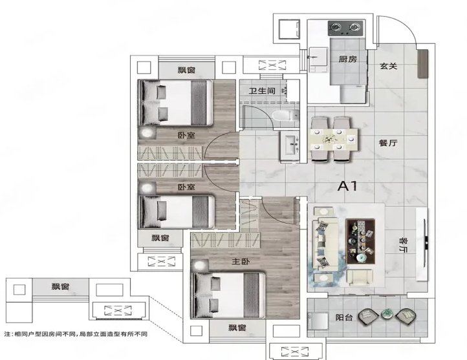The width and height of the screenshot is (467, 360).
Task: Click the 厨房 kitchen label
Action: pyautogui.click(x=347, y=59)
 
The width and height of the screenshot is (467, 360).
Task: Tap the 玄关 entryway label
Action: pyautogui.click(x=388, y=66)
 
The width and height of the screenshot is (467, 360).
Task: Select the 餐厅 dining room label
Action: pyautogui.click(x=388, y=143)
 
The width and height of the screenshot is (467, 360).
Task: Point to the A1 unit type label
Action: pyautogui.click(x=347, y=186)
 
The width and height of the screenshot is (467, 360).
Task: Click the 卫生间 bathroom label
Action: pyautogui.click(x=262, y=90)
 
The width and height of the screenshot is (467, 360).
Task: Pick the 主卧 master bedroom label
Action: pyautogui.click(x=241, y=262)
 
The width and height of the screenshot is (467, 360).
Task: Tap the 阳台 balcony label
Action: pyautogui.click(x=344, y=317)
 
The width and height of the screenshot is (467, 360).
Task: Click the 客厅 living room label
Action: pyautogui.click(x=404, y=245)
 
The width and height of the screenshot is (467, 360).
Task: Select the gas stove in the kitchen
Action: pyautogui.click(x=345, y=28)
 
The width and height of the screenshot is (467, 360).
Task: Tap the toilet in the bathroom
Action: pyautogui.click(x=286, y=116)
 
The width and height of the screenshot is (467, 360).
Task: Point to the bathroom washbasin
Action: pyautogui.click(x=290, y=146)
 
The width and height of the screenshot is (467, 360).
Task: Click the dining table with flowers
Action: pyautogui.click(x=334, y=139)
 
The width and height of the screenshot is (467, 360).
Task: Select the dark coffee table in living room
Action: pyautogui.click(x=360, y=241)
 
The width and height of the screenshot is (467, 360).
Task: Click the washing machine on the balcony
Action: pyautogui.click(x=318, y=321)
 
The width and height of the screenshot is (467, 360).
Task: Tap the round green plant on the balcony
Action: pyautogui.click(x=387, y=314)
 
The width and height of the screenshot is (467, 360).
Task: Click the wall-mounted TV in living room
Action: pyautogui.click(x=426, y=244)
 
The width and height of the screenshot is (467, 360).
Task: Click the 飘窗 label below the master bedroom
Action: pyautogui.click(x=237, y=328)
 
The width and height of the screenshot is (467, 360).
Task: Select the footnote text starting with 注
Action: pyautogui.click(x=76, y=334)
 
